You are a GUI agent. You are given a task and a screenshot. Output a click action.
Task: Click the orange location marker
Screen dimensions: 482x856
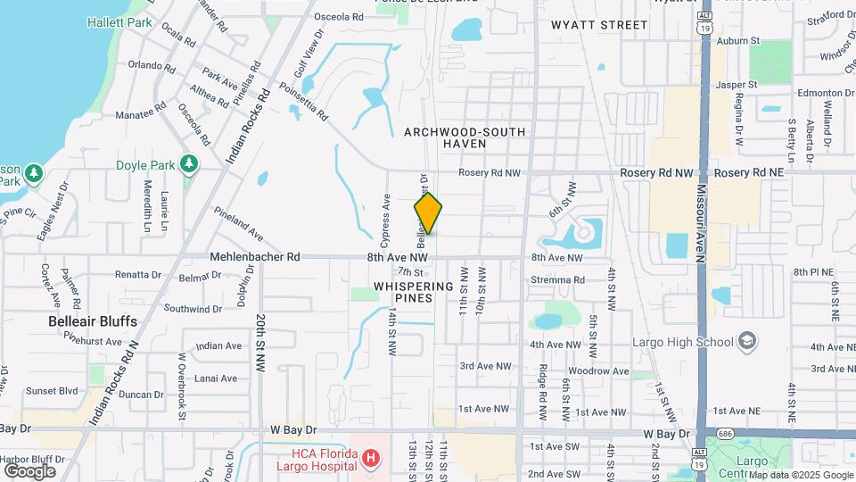(428, 213)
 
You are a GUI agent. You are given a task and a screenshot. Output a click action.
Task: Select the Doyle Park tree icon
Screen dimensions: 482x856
(188, 164)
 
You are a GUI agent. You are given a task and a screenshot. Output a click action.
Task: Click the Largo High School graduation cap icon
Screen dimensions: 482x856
(746, 341)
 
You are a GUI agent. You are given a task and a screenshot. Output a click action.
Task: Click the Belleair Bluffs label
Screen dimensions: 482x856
(92, 320)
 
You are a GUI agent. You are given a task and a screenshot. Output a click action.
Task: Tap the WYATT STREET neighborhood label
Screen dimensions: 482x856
(598, 24)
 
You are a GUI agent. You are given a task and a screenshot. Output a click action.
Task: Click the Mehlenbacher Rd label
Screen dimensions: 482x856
(254, 256)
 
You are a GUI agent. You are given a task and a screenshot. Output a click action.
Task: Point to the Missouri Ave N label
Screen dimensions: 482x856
(701, 223)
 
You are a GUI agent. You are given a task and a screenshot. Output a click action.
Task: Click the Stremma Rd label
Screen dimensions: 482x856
(557, 279)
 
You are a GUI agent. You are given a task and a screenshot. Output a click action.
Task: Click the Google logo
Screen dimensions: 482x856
(29, 470)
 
